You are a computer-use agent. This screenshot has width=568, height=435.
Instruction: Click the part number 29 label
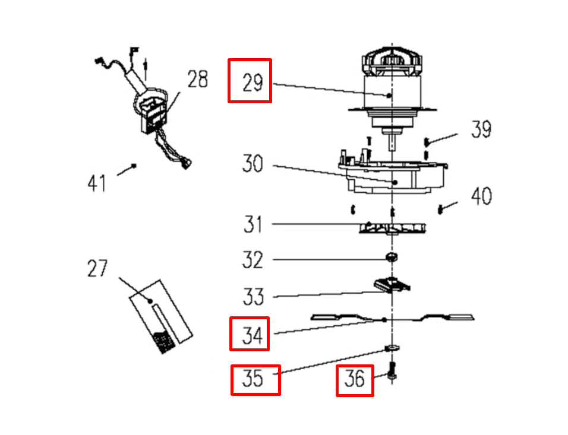253,82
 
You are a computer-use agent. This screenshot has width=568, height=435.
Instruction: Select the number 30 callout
253,163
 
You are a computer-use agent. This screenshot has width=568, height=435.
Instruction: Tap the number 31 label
253,224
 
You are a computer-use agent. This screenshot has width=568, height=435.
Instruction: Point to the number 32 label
253,259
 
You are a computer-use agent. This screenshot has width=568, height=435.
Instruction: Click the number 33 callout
253,297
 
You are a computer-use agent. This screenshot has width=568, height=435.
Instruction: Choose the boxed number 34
253,335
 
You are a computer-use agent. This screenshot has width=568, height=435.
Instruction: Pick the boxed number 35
253,379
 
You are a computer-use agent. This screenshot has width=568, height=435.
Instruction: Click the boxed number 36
354,379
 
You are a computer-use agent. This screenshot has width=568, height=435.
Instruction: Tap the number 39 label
481,129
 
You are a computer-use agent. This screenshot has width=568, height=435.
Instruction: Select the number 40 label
481,196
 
